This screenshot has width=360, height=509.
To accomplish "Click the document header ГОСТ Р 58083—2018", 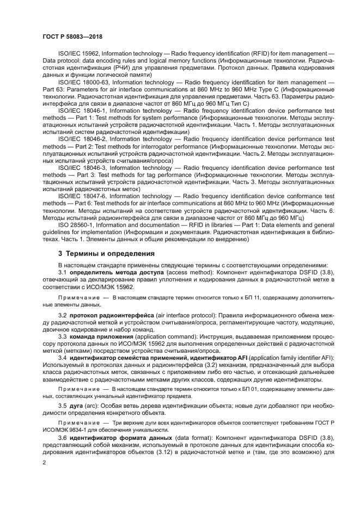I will coord(72,36).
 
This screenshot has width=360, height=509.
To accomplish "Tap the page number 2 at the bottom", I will coord(44,462).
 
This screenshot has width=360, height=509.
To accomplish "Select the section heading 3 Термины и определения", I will coord(106,254).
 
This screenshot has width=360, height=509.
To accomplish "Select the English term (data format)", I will coord(185,438).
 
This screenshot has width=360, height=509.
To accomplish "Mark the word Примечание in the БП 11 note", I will coord(78,298).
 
